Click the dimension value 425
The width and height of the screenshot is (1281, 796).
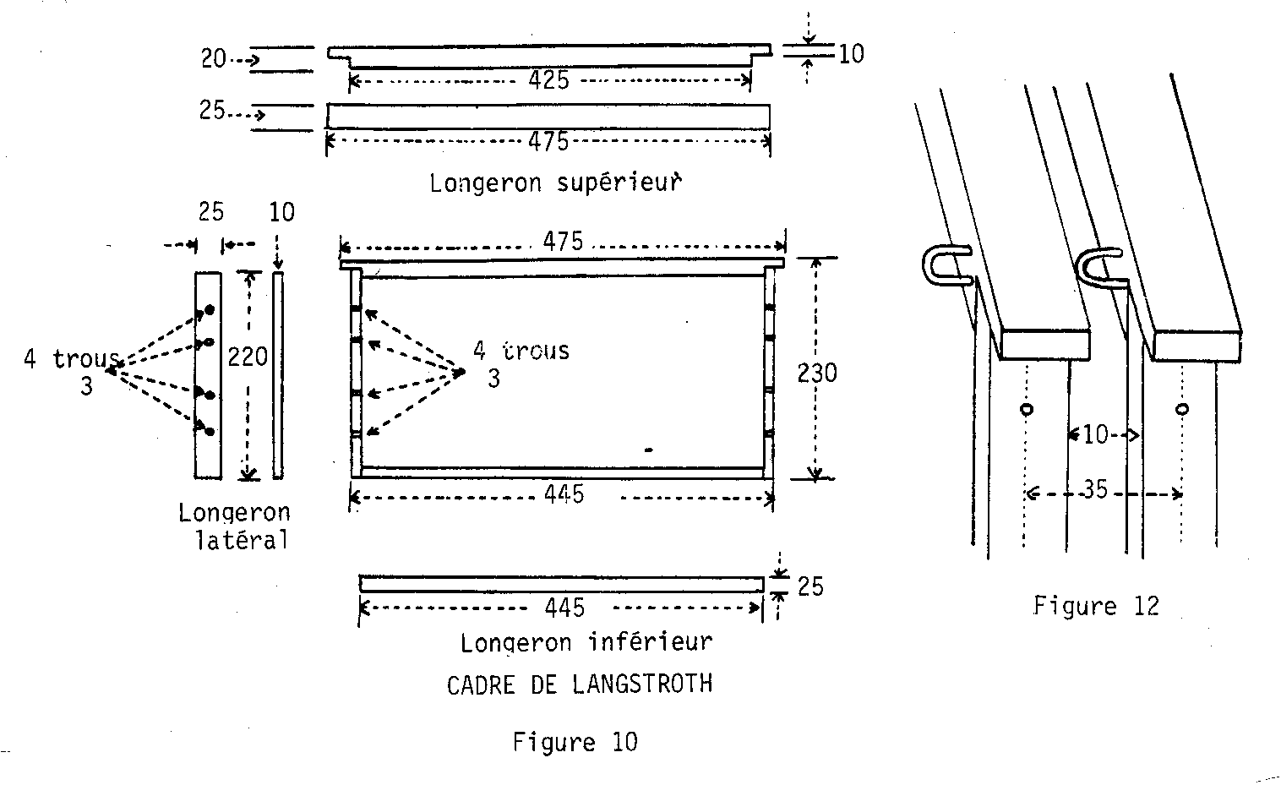point(548,80)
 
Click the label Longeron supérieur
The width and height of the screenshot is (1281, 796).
point(555,183)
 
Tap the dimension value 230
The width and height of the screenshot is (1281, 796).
point(817,372)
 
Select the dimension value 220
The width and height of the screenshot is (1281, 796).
point(248,357)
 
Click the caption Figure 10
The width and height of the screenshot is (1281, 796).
point(575,742)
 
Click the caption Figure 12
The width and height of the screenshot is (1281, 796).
point(1096,606)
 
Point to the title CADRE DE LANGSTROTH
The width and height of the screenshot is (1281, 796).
point(580,684)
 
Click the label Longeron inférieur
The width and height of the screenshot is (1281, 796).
point(586,642)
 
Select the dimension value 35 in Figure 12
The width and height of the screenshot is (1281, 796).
point(1094,490)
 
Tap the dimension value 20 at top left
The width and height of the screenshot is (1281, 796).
point(213,59)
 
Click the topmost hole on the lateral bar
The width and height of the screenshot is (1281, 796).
point(209,310)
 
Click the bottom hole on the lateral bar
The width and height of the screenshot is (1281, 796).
point(209,432)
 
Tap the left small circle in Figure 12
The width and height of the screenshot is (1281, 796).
point(1027,410)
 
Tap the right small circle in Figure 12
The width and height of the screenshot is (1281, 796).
point(1182,410)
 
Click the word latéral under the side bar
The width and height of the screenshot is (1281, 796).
point(243,540)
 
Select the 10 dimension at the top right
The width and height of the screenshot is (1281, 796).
point(851,54)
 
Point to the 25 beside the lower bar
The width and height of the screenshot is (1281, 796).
point(810,586)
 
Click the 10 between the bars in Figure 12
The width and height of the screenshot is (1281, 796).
point(1095,435)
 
